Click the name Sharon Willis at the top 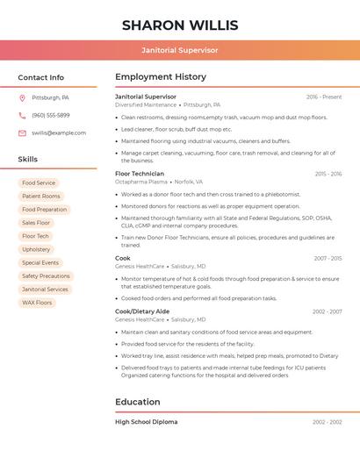tap(179, 25)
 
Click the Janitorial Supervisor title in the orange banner tap(179, 50)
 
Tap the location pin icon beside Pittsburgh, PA tap(22, 98)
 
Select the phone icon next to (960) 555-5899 tap(22, 116)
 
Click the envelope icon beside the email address tap(22, 133)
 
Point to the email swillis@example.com tap(59, 133)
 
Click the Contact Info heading tap(41, 77)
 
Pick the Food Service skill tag tap(39, 183)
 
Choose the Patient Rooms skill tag tap(41, 197)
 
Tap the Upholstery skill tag tap(36, 250)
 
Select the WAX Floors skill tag tap(37, 303)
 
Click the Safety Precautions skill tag tap(46, 276)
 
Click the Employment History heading tap(161, 77)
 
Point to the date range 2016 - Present tap(324, 97)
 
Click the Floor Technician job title tap(140, 174)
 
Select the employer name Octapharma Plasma tap(141, 182)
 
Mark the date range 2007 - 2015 tap(328, 259)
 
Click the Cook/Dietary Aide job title tap(142, 311)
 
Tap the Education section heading tap(138, 402)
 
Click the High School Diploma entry tap(146, 422)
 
